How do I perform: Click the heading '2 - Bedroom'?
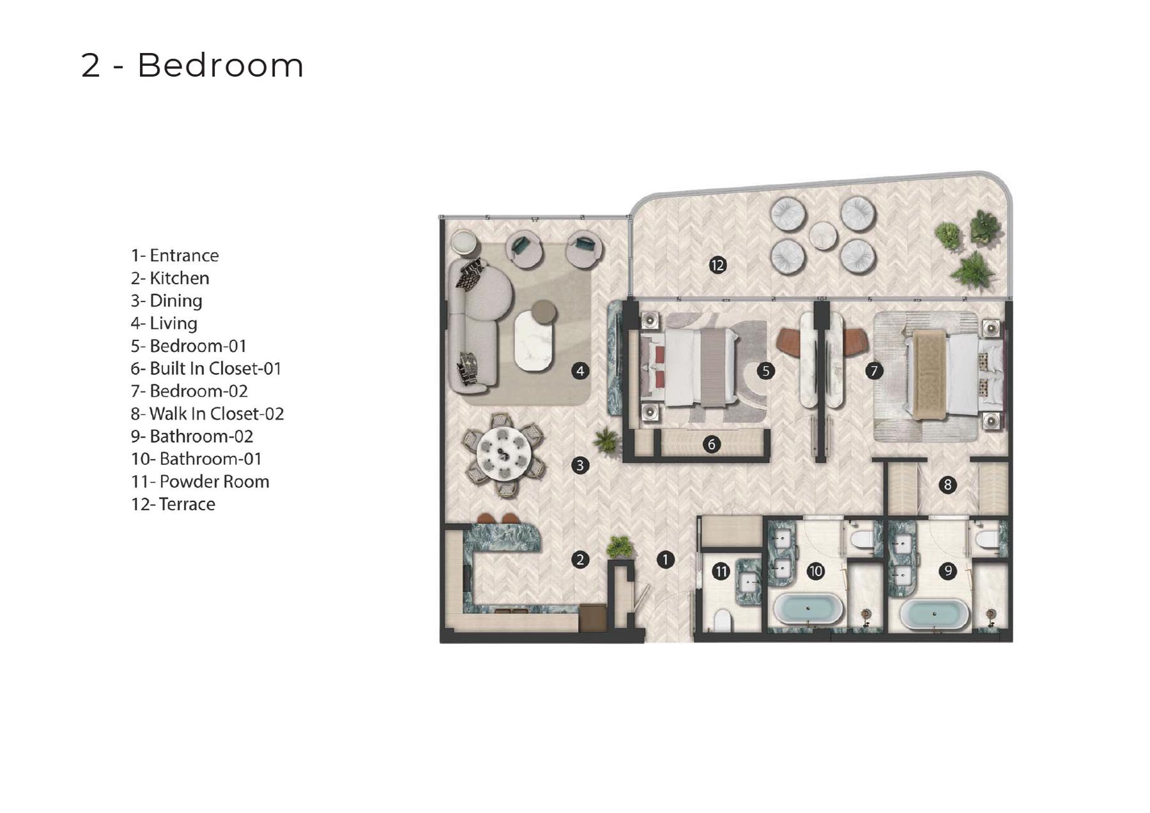pyautogui.click(x=192, y=65)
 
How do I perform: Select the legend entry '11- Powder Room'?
pyautogui.click(x=200, y=482)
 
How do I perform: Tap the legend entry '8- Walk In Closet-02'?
pyautogui.click(x=207, y=414)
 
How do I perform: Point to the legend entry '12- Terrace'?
pyautogui.click(x=173, y=504)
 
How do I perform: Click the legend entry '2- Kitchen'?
pyautogui.click(x=170, y=278)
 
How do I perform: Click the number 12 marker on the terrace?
pyautogui.click(x=717, y=265)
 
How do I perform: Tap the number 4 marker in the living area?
pyautogui.click(x=580, y=370)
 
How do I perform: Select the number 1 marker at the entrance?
pyautogui.click(x=665, y=560)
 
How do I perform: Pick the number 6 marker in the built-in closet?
pyautogui.click(x=712, y=444)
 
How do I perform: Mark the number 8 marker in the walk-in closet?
pyautogui.click(x=947, y=485)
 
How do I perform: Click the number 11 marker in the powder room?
pyautogui.click(x=721, y=572)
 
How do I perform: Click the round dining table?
pyautogui.click(x=504, y=454)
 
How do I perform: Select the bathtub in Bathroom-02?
pyautogui.click(x=934, y=614)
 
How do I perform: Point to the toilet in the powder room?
pyautogui.click(x=722, y=620)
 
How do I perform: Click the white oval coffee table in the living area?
pyautogui.click(x=533, y=340)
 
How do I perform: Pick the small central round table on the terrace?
pyautogui.click(x=823, y=236)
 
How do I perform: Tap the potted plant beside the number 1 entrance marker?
pyautogui.click(x=619, y=547)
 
